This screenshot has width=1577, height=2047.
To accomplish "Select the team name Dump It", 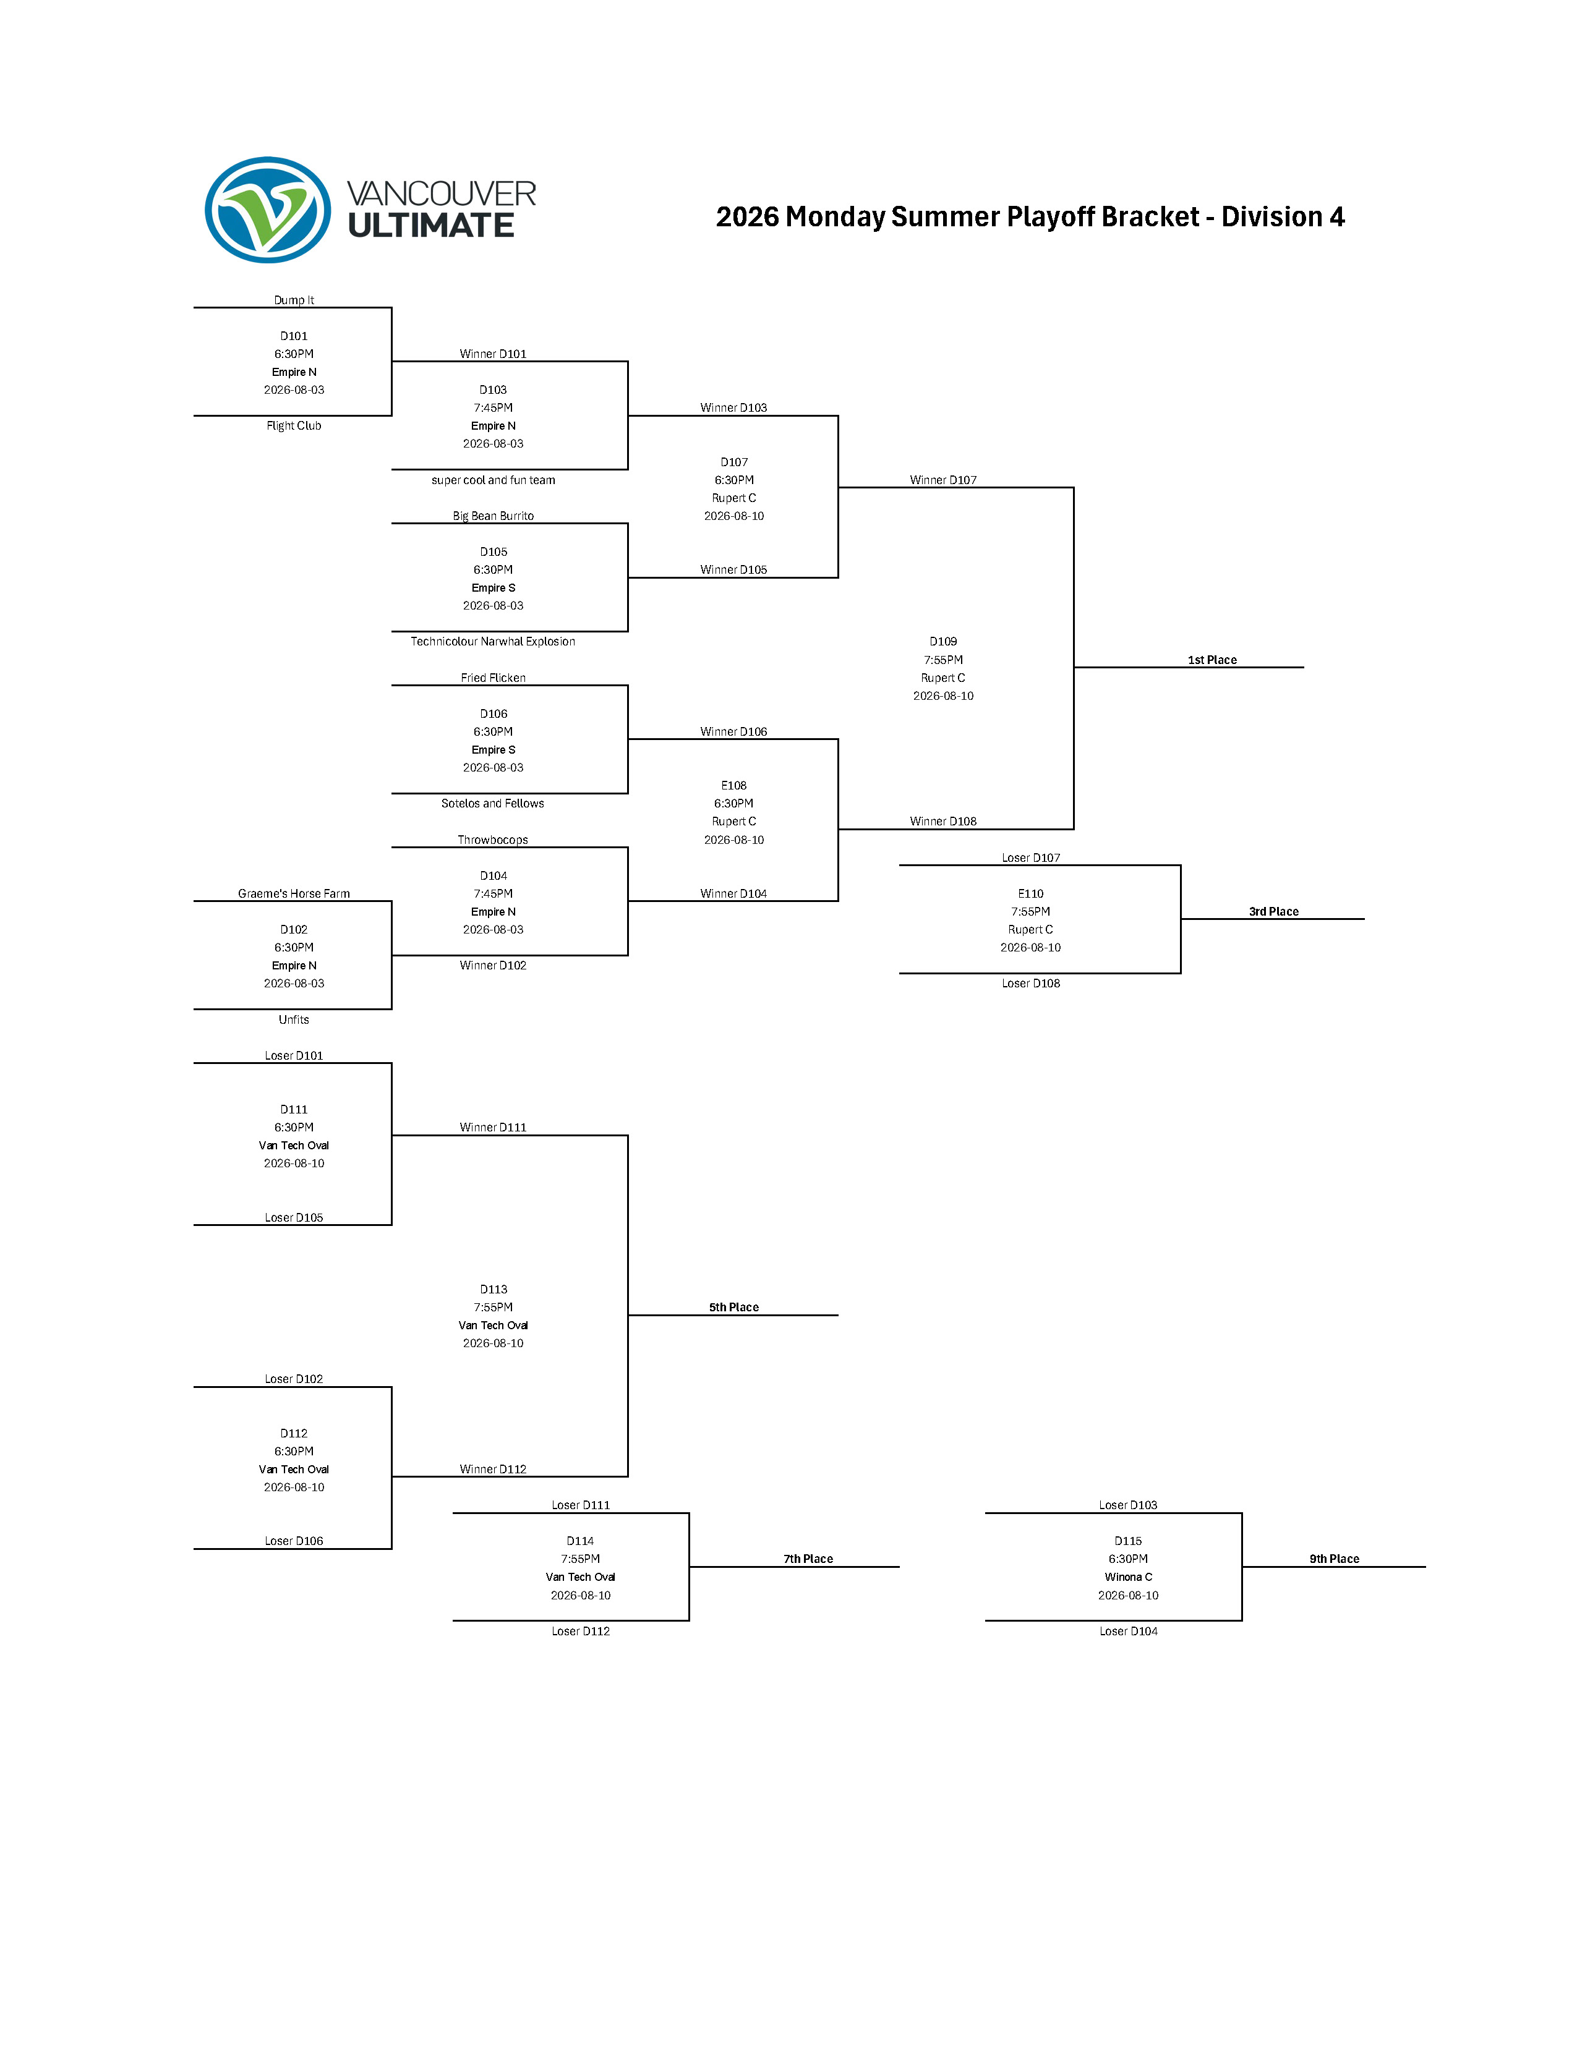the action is (x=294, y=300).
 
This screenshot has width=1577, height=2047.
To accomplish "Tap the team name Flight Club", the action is (x=294, y=425).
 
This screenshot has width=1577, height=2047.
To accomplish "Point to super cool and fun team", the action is (x=493, y=480).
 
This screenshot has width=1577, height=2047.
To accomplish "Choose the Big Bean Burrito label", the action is (x=493, y=516).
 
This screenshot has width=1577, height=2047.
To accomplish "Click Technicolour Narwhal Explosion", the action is (x=493, y=641).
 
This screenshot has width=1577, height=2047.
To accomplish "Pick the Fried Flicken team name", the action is (x=493, y=678).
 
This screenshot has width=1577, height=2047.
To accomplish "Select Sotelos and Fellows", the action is (x=493, y=803).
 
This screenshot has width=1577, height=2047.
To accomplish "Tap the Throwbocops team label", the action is (x=493, y=840).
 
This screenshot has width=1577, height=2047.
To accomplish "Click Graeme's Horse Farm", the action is (x=294, y=893).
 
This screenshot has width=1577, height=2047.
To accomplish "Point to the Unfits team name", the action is (x=294, y=1019).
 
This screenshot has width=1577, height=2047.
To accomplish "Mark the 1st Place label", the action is (x=1212, y=660).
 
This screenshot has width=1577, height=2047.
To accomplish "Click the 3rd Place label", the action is (x=1273, y=911).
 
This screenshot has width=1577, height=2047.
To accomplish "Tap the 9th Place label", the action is (x=1334, y=1559).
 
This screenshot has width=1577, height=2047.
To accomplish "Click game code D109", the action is (x=943, y=641).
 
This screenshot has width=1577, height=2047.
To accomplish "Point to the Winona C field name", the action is (x=1128, y=1577).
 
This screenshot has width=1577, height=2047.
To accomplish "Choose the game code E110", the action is (x=1030, y=893).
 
